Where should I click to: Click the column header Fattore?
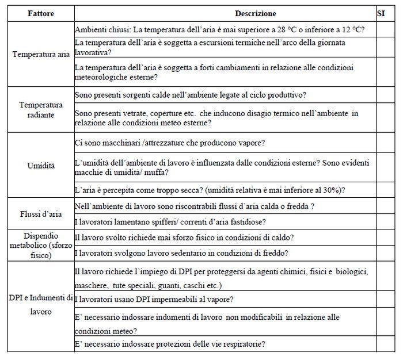click(x=41, y=13)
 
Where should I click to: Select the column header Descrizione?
click(x=256, y=13)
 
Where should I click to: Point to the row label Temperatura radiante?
click(x=41, y=110)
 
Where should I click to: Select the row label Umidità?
click(x=41, y=166)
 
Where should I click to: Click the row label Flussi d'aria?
click(x=41, y=214)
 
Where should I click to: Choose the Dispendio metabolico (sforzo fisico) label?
click(x=41, y=244)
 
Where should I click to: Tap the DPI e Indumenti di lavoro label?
click(x=41, y=304)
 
